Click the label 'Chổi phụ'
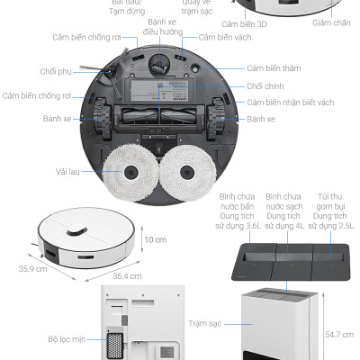(x=55, y=72)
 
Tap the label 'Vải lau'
(x=68, y=171)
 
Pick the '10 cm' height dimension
(x=157, y=239)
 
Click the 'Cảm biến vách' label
(x=225, y=37)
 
